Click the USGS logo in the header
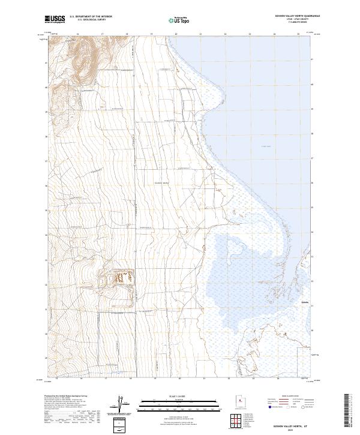[55, 19]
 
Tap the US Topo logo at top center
[179, 20]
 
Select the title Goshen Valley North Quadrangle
[297, 16]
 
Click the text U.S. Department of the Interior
[91, 17]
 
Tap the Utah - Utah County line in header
[298, 20]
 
